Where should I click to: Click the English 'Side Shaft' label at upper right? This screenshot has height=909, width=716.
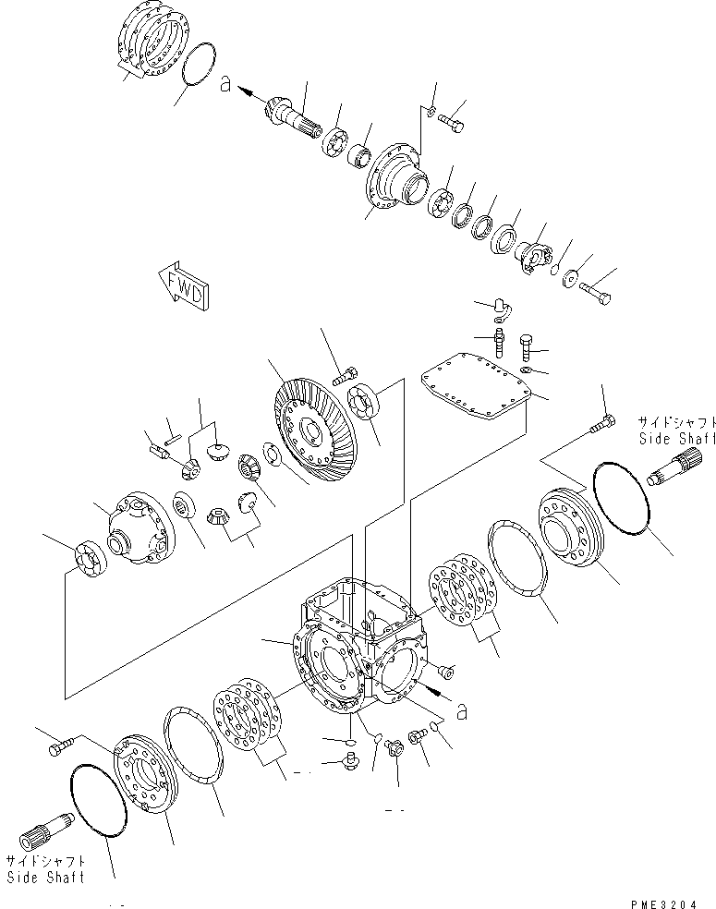[675, 440]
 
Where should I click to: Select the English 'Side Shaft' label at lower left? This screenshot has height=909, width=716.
[45, 877]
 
